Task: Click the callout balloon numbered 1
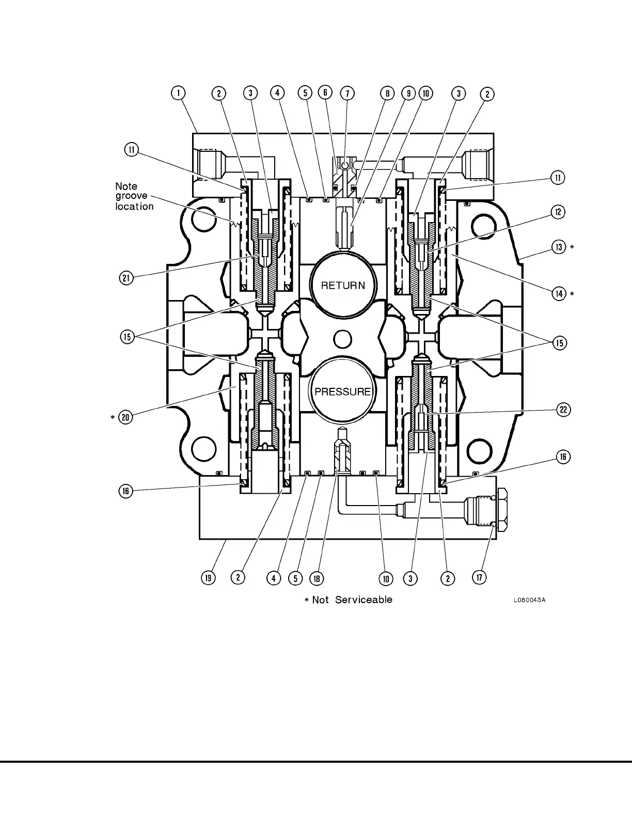pos(178,93)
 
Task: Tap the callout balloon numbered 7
pos(347,93)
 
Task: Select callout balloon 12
pos(558,212)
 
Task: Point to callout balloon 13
pos(559,247)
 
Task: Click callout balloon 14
pos(559,294)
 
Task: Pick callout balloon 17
pos(480,577)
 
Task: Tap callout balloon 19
pos(208,578)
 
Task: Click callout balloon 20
pos(125,417)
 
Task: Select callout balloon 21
pos(127,278)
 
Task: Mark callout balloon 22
pos(563,410)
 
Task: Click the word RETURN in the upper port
pos(343,285)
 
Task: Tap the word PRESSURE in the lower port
pos(343,391)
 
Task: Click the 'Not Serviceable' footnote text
pos(348,600)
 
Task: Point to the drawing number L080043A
pos(529,600)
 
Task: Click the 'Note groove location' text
pos(134,196)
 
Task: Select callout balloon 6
pos(325,93)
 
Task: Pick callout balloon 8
pos(387,93)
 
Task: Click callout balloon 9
pos(408,93)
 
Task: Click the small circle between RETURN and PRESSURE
pos(342,339)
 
